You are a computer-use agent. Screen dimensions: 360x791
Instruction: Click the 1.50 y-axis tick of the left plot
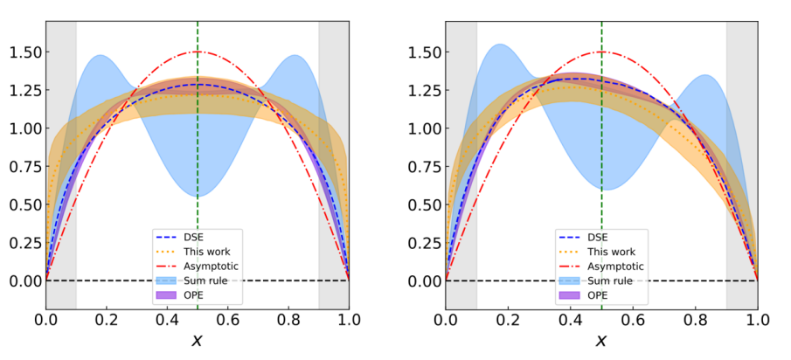click(x=24, y=52)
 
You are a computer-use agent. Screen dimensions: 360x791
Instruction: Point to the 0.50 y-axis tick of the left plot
click(x=24, y=204)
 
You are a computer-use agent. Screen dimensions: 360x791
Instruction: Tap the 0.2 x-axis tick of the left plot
click(x=107, y=321)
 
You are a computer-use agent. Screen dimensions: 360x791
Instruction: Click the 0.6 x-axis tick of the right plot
click(x=632, y=321)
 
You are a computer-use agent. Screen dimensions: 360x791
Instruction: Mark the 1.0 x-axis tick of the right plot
click(x=758, y=321)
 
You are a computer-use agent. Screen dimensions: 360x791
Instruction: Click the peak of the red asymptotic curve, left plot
click(x=198, y=52)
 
